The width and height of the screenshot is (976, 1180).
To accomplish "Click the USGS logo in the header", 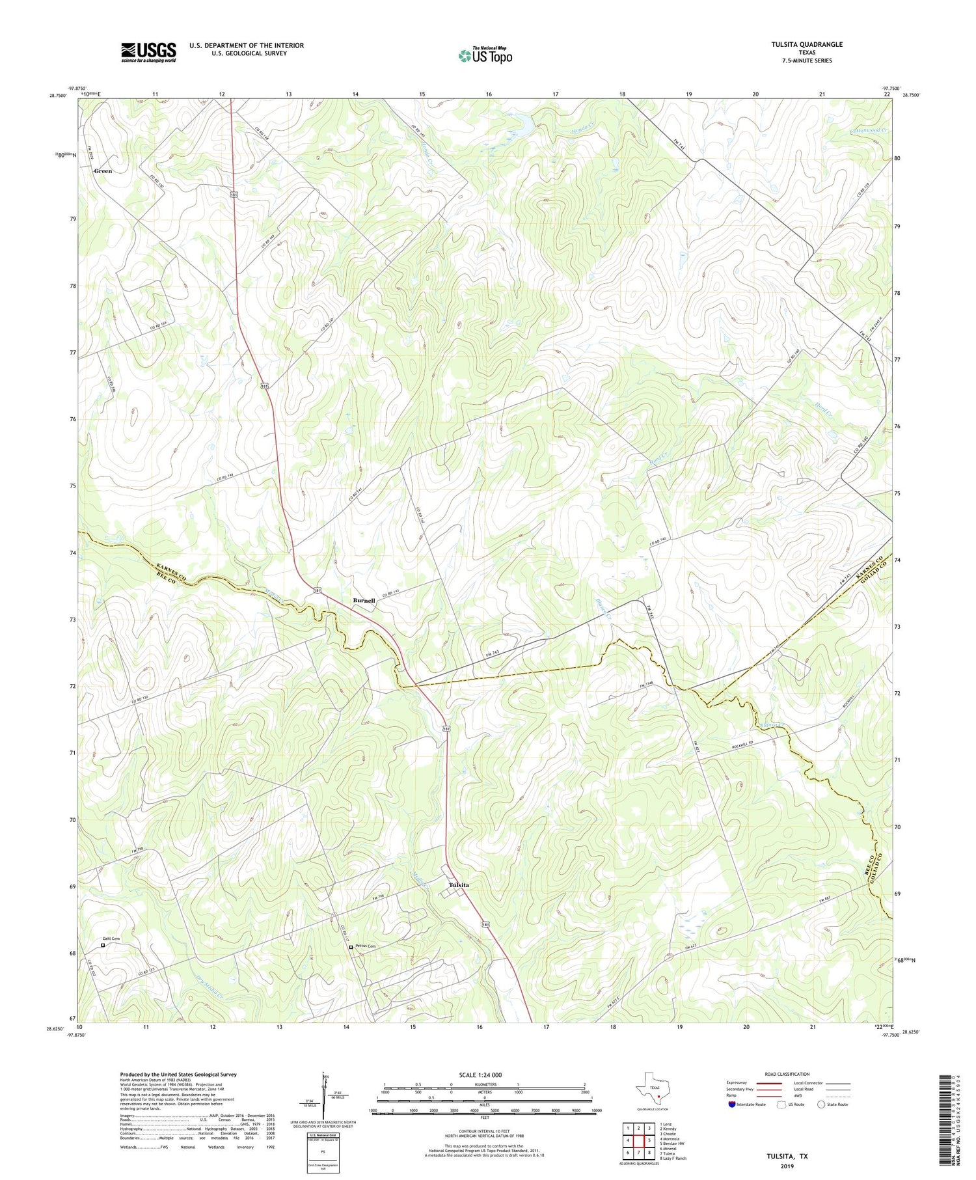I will pos(148,52).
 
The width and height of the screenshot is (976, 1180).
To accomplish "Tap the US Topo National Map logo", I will pos(485,56).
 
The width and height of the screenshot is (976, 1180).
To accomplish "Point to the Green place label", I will pos(103,171).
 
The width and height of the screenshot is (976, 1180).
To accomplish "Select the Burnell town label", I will pos(364,600).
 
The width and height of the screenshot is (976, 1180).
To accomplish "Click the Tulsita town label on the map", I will pos(459,885).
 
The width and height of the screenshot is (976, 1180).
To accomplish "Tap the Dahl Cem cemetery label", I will pos(111,939).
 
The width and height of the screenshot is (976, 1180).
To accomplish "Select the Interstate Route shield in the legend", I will pos(732,1105).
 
